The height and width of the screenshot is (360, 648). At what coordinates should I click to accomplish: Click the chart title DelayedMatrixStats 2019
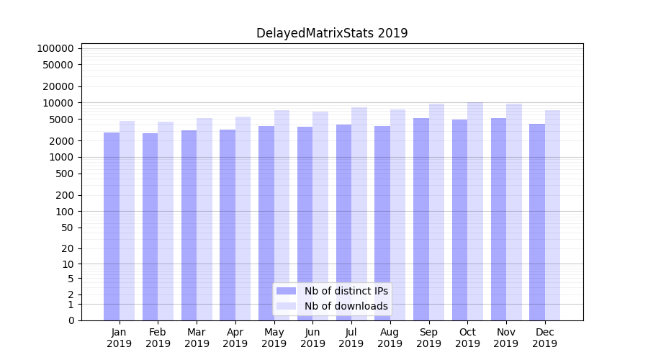(x=332, y=33)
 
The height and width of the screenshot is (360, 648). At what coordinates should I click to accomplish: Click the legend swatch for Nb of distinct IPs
(x=287, y=291)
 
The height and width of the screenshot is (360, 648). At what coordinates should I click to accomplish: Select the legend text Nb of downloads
(x=346, y=306)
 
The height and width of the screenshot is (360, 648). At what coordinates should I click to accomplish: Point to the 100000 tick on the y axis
(x=55, y=48)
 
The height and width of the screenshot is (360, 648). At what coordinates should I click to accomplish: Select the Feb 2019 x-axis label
(x=158, y=338)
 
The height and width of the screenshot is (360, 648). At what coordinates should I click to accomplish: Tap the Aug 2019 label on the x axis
(x=390, y=338)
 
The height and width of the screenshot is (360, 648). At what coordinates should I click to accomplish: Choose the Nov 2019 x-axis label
(x=506, y=338)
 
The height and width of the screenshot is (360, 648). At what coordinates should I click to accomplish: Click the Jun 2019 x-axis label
(x=312, y=338)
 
